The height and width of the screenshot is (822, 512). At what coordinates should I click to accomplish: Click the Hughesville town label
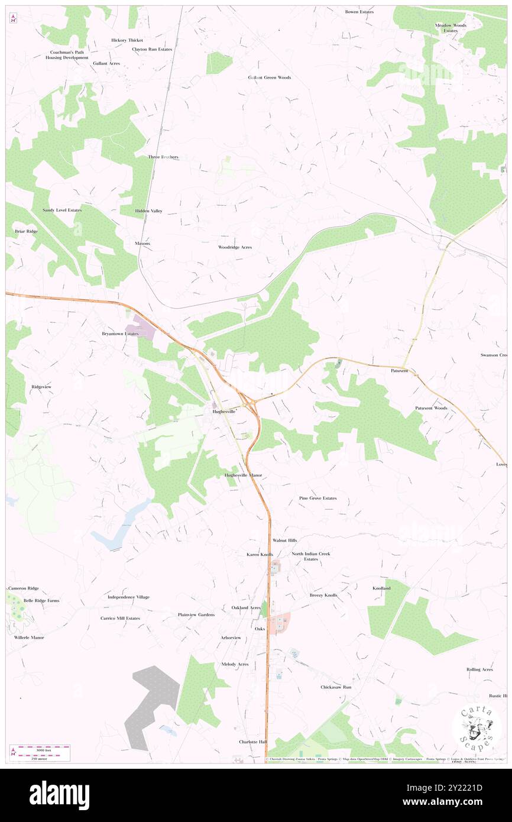click(x=224, y=411)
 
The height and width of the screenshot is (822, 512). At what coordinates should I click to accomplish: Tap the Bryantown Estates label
click(x=120, y=334)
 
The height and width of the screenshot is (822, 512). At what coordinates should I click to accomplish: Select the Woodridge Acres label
click(x=235, y=247)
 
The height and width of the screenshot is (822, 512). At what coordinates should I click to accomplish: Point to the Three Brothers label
click(x=163, y=157)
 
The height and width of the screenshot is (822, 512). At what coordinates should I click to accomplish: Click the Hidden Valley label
click(x=148, y=211)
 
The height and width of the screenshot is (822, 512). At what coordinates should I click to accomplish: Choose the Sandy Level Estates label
click(x=62, y=210)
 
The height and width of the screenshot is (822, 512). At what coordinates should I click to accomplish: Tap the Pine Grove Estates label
click(x=317, y=498)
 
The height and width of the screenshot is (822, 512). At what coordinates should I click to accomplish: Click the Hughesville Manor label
click(x=243, y=475)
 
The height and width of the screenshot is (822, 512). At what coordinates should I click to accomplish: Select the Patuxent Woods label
click(x=431, y=408)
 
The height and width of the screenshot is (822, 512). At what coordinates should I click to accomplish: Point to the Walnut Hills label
click(x=284, y=541)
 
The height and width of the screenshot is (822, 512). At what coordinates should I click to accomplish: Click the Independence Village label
click(x=128, y=597)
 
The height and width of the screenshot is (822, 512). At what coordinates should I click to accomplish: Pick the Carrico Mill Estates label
click(x=120, y=618)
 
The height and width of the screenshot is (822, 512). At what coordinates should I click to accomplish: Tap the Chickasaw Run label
click(x=336, y=687)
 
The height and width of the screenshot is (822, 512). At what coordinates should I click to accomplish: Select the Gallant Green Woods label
click(x=270, y=77)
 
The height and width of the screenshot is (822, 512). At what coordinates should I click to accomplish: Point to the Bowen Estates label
click(x=359, y=12)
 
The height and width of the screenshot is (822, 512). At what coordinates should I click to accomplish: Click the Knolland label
click(x=381, y=588)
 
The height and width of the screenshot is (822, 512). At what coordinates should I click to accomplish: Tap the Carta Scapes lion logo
click(x=477, y=728)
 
